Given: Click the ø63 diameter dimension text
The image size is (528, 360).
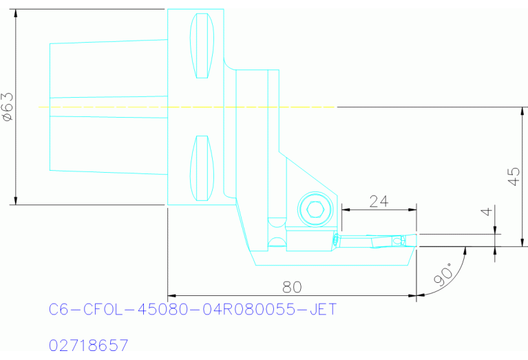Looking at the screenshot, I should [8, 107].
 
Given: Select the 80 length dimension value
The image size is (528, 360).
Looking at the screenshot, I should [292, 286].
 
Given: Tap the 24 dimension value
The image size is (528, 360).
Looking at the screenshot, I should [379, 201].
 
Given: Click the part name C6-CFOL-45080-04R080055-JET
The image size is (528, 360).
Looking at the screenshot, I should [193, 310].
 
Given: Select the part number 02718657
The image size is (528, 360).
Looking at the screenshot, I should [89, 343].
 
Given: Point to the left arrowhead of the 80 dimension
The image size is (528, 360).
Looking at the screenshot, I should [172, 296].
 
